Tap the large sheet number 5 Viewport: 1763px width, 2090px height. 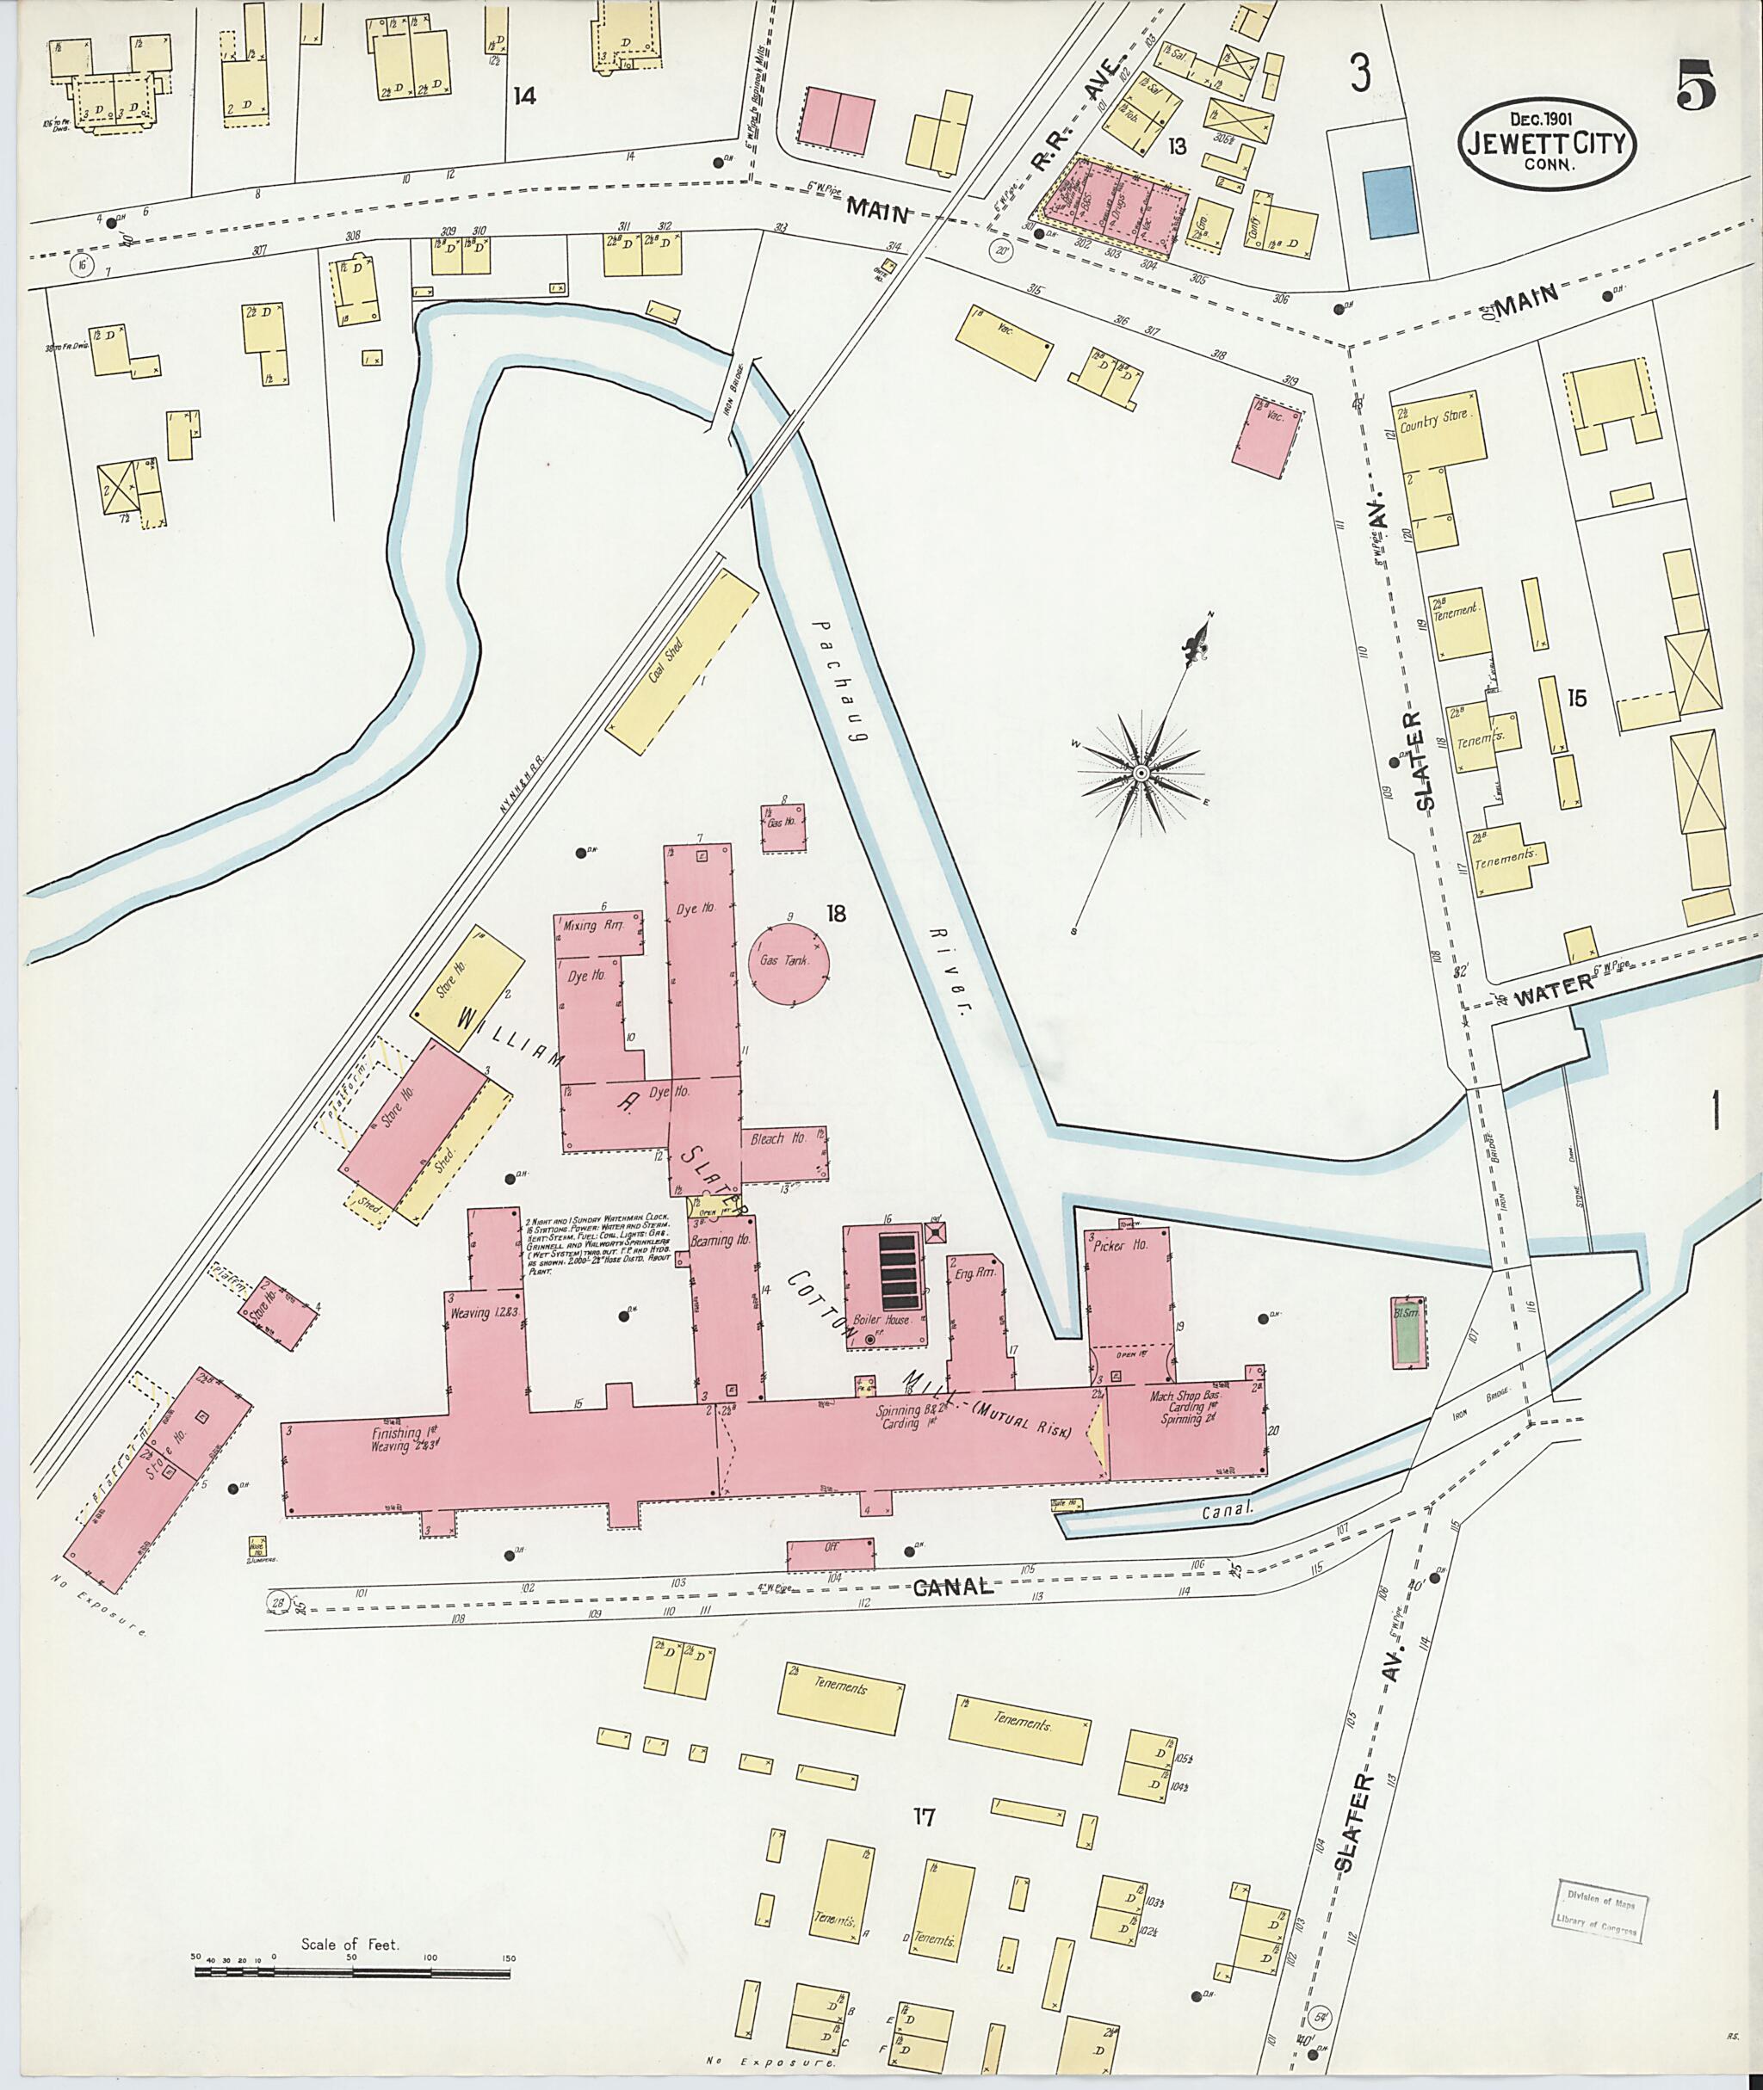[x=1696, y=86]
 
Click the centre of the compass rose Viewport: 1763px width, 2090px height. [x=1140, y=774]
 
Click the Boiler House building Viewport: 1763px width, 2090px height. [x=884, y=1289]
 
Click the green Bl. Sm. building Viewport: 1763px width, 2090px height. [x=1408, y=1332]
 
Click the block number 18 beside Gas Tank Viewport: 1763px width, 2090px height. [x=836, y=912]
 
